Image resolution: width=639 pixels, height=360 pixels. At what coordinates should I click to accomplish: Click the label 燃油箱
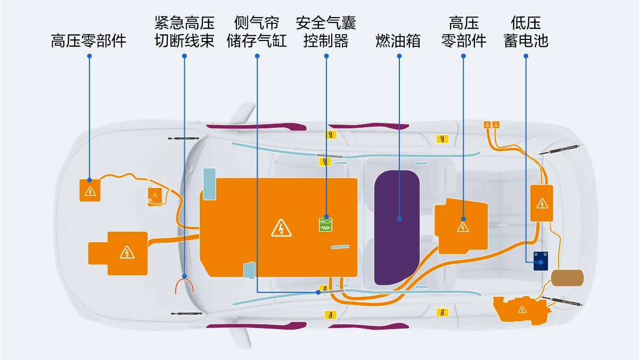pyautogui.click(x=398, y=41)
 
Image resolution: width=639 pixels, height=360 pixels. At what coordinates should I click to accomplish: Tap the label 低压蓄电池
pyautogui.click(x=526, y=31)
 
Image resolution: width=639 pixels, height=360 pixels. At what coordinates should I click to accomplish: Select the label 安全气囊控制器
pyautogui.click(x=326, y=31)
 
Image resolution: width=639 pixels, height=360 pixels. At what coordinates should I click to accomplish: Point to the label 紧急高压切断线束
pyautogui.click(x=184, y=31)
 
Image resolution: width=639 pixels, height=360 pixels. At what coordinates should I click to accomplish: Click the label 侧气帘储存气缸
pyautogui.click(x=257, y=31)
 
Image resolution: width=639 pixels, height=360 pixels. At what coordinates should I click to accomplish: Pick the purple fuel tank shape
pyautogui.click(x=397, y=227)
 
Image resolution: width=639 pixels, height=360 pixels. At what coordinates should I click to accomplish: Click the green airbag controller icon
pyautogui.click(x=325, y=225)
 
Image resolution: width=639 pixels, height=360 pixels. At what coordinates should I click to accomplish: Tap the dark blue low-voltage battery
pyautogui.click(x=540, y=261)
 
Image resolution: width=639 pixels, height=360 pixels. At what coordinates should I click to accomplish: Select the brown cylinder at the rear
pyautogui.click(x=567, y=278)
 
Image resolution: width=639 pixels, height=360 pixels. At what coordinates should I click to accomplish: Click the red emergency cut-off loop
pyautogui.click(x=184, y=280)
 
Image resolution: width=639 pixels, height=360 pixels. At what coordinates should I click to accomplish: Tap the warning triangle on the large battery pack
pyautogui.click(x=281, y=228)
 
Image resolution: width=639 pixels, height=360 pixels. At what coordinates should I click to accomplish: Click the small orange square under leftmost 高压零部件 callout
pyautogui.click(x=90, y=190)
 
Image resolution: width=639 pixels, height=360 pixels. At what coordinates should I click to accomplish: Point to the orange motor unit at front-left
pyautogui.click(x=118, y=253)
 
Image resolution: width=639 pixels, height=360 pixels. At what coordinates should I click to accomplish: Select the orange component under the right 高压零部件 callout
pyautogui.click(x=461, y=226)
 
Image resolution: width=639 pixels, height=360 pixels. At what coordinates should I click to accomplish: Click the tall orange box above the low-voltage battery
pyautogui.click(x=542, y=203)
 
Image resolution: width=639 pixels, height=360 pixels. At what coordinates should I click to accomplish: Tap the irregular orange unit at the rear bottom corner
pyautogui.click(x=521, y=310)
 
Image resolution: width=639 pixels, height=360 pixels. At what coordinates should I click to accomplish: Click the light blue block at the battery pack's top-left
pyautogui.click(x=209, y=184)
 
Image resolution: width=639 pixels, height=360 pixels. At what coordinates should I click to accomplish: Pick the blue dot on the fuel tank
pyautogui.click(x=399, y=219)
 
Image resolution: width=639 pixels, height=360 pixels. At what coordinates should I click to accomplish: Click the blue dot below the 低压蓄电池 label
pyautogui.click(x=526, y=56)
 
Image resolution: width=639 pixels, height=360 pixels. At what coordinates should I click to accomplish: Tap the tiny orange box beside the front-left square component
pyautogui.click(x=155, y=197)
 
